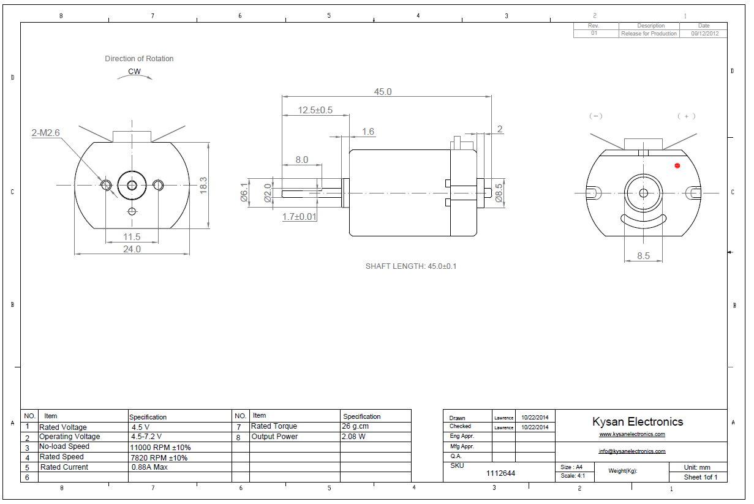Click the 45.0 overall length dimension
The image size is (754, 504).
[x=383, y=92]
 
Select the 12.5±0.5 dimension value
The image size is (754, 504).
[x=315, y=110]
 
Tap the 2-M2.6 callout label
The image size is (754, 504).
[x=45, y=132]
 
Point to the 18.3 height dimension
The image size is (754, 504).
[x=203, y=184]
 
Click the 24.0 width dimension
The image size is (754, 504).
[x=132, y=249]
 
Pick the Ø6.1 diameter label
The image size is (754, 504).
[x=244, y=194]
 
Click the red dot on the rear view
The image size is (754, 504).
[x=677, y=165]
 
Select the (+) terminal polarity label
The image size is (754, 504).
[x=686, y=116]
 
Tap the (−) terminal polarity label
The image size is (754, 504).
[x=595, y=116]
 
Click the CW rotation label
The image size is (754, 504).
[x=134, y=72]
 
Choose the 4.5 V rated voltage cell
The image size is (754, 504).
[x=140, y=427]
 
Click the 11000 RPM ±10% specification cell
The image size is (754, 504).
[x=160, y=447]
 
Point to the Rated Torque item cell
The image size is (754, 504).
[x=274, y=426]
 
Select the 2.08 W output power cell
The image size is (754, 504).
[x=353, y=437]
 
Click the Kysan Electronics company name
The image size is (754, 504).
[x=637, y=421]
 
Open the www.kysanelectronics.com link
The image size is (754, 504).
[x=631, y=434]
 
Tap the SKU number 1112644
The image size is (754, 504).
[x=500, y=473]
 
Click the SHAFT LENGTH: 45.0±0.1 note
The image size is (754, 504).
[x=411, y=266]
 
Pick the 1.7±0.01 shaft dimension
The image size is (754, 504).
[x=300, y=217]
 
